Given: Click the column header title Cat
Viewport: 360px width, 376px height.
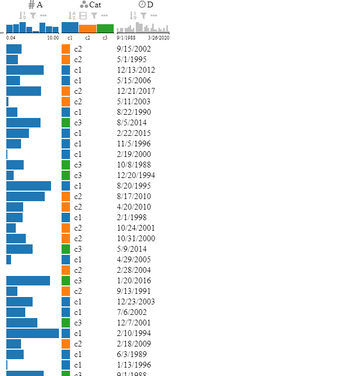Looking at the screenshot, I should (95, 5).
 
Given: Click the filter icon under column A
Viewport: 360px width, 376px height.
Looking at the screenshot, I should (33, 16).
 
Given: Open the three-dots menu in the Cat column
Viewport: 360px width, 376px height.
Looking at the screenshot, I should (105, 16).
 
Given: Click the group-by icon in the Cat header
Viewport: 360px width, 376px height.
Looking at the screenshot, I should (83, 16).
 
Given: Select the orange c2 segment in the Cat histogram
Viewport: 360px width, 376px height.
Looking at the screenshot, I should (88, 28).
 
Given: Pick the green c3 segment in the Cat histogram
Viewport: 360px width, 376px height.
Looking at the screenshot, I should (105, 28).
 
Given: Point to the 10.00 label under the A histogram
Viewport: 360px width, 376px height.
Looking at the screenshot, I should (53, 38).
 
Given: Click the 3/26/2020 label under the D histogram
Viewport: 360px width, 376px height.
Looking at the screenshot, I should (158, 38).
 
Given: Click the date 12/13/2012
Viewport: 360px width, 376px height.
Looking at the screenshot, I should (136, 70).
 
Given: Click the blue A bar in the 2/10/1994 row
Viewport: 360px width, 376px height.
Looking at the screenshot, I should (33, 333).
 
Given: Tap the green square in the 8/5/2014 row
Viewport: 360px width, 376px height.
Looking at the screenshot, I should (66, 123).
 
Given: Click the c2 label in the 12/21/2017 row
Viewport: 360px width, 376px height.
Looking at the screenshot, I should (78, 91).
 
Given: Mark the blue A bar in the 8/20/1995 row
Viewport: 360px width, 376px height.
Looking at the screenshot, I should (28, 186).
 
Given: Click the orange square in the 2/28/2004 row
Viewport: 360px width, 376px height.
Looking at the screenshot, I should (66, 270).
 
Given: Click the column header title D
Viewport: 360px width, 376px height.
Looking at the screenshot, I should (151, 5).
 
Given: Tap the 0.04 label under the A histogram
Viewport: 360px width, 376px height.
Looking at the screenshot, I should (11, 38).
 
